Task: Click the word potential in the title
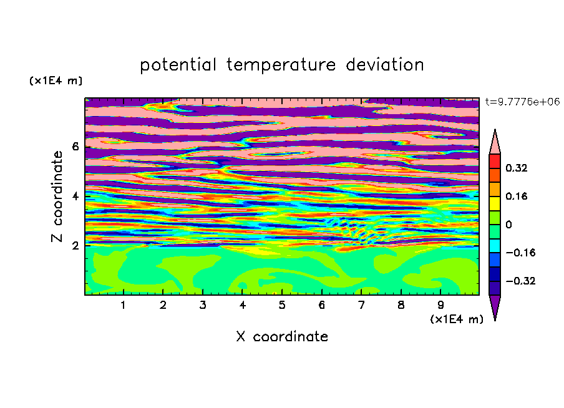click(178, 65)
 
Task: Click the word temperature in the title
click(281, 65)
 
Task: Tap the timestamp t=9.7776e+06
click(523, 102)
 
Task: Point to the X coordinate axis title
click(282, 336)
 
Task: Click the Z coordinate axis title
click(57, 196)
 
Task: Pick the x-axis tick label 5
click(282, 305)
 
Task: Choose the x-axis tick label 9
click(440, 305)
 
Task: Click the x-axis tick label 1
click(123, 305)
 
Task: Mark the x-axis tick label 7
click(361, 305)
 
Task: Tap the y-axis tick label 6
click(75, 147)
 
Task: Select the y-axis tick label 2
click(75, 245)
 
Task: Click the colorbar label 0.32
click(516, 168)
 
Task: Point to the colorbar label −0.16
click(520, 253)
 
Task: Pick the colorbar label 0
click(508, 225)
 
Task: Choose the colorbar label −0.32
click(520, 281)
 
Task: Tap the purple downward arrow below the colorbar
click(495, 308)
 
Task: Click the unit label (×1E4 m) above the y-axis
click(56, 80)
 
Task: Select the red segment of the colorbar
click(495, 161)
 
